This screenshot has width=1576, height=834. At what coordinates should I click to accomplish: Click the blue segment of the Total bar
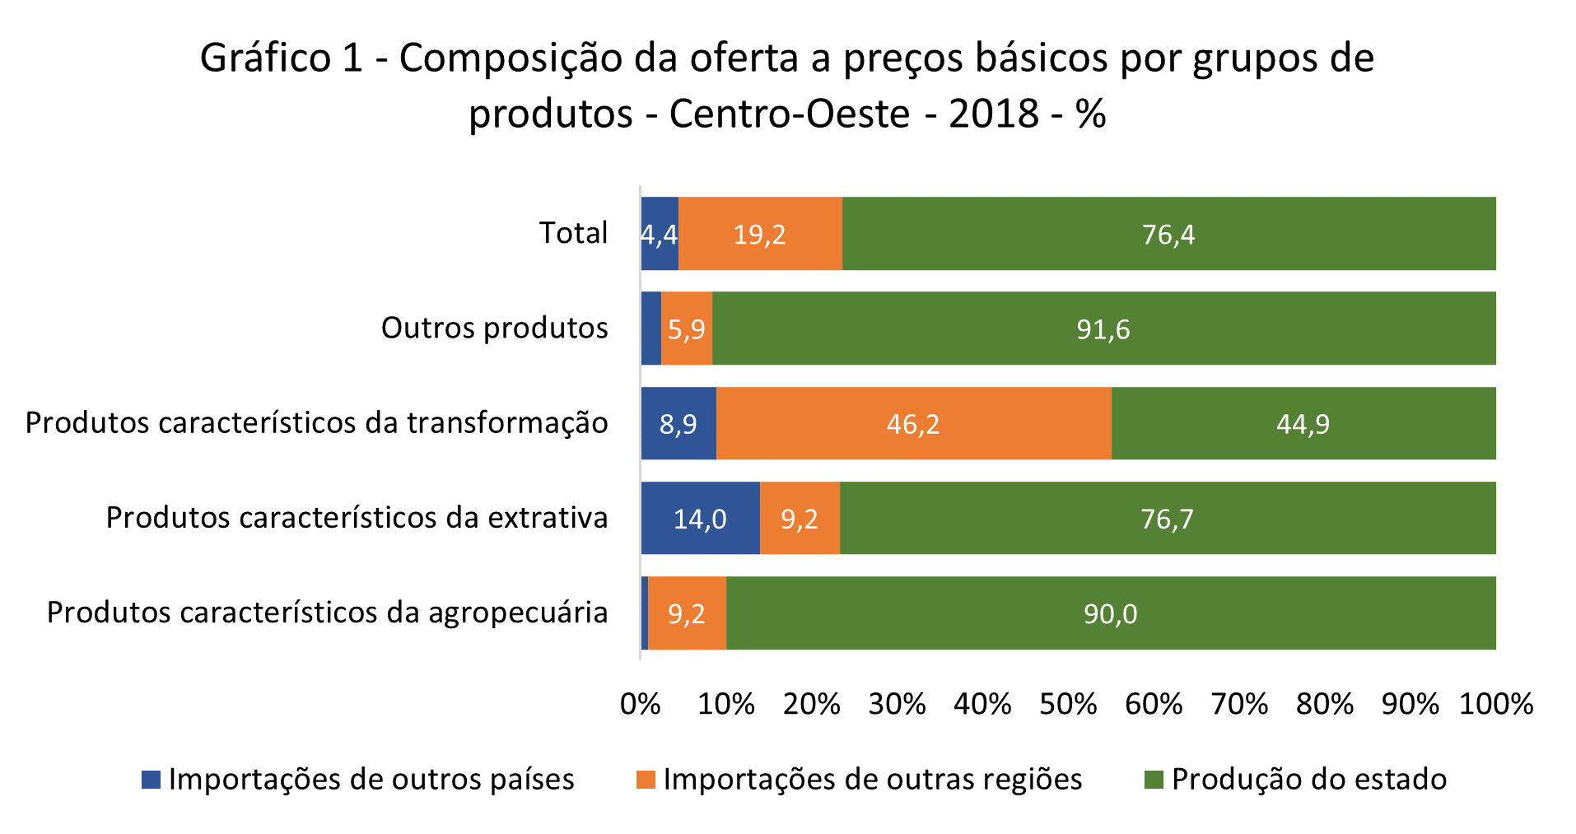(660, 234)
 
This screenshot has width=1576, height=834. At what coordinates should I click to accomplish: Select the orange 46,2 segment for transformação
(913, 424)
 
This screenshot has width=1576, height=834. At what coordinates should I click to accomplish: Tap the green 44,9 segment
(1303, 424)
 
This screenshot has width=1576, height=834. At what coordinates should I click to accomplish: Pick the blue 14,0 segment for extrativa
(700, 519)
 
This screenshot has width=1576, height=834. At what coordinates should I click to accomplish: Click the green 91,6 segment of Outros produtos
(1103, 329)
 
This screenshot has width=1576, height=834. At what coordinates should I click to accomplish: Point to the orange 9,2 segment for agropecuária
(687, 613)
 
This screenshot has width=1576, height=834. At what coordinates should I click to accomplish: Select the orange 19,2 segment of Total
(759, 235)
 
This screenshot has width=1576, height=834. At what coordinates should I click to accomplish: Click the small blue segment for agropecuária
(645, 613)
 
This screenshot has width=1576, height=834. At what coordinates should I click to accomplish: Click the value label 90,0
(1110, 614)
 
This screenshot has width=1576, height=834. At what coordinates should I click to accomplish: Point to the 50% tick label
(1068, 705)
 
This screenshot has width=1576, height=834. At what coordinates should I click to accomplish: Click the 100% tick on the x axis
(1495, 705)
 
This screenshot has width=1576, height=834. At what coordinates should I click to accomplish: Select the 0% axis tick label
(641, 705)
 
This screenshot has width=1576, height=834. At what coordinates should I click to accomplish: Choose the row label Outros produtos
(494, 328)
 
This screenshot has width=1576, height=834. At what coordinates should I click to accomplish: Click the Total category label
(573, 233)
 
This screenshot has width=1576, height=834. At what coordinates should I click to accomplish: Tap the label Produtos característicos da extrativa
(357, 518)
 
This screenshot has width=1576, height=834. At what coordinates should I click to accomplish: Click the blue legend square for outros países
(151, 780)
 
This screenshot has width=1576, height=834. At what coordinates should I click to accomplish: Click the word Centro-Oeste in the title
(789, 114)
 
